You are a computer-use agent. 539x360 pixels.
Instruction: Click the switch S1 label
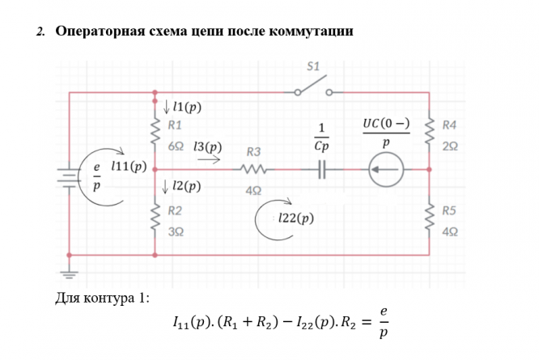(315, 66)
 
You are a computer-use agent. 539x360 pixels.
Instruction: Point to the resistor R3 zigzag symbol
(253, 170)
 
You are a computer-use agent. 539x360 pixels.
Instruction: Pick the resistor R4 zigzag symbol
(429, 132)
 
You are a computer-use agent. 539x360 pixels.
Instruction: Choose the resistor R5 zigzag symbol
(429, 216)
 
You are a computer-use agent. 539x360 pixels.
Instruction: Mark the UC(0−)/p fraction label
(385, 132)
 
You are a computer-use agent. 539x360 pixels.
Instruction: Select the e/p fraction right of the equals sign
(384, 321)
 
